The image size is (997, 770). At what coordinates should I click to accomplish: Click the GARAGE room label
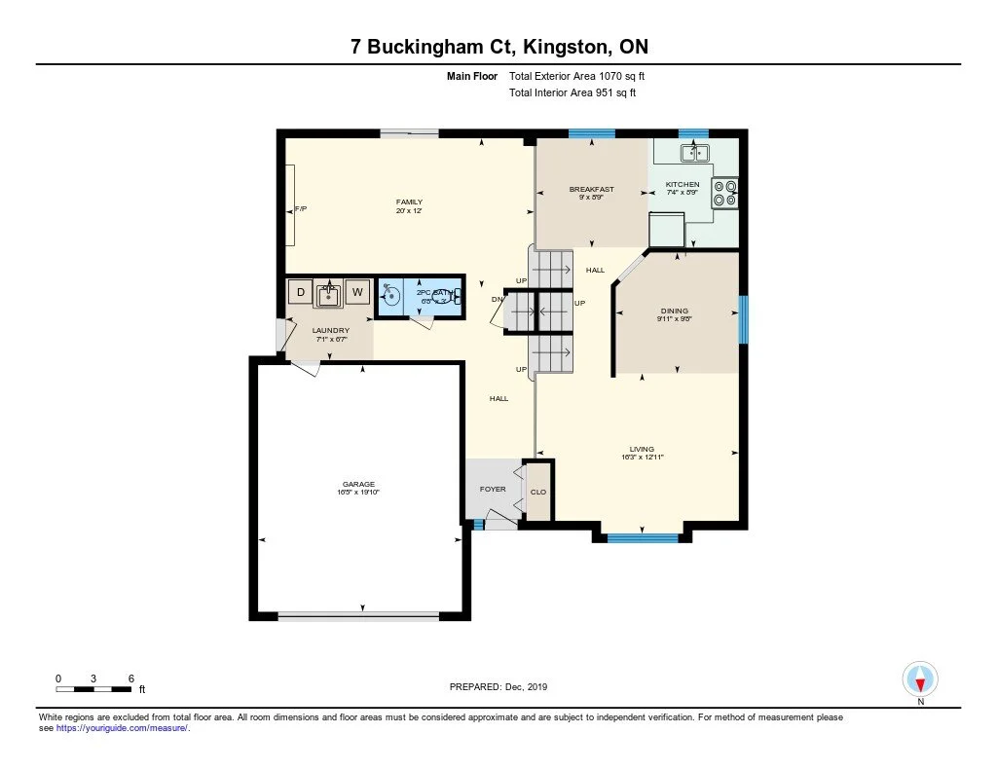pyautogui.click(x=358, y=484)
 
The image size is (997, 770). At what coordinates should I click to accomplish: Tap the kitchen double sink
pyautogui.click(x=694, y=152)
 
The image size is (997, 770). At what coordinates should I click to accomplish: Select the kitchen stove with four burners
pyautogui.click(x=725, y=194)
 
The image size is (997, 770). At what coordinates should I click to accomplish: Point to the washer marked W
pyautogui.click(x=357, y=292)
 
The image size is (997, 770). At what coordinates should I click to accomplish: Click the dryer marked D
pyautogui.click(x=301, y=292)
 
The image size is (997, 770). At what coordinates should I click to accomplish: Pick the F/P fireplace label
pyautogui.click(x=301, y=209)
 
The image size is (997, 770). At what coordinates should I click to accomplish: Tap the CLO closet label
pyautogui.click(x=538, y=492)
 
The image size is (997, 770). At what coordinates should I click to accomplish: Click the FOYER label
pyautogui.click(x=493, y=489)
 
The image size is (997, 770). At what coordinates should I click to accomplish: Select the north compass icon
pyautogui.click(x=920, y=678)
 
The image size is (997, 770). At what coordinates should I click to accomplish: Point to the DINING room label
pyautogui.click(x=675, y=312)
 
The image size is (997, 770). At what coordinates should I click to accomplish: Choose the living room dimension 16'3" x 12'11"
pyautogui.click(x=643, y=457)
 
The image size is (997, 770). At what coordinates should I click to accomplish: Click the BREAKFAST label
pyautogui.click(x=591, y=189)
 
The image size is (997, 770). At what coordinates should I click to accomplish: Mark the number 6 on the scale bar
pyautogui.click(x=129, y=678)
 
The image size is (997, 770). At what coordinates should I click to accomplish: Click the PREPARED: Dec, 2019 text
pyautogui.click(x=498, y=686)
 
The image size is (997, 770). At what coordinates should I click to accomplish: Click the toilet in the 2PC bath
pyautogui.click(x=456, y=296)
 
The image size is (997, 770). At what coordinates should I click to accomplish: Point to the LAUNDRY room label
pyautogui.click(x=330, y=331)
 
